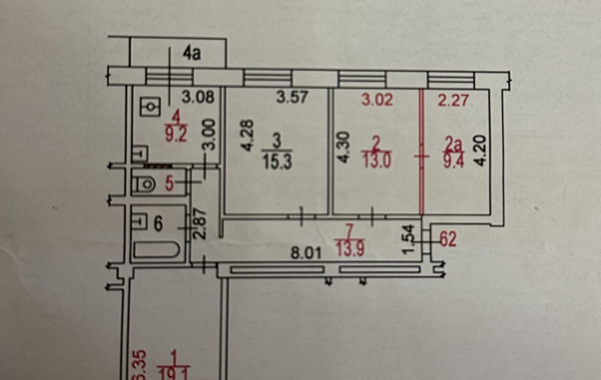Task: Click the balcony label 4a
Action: tap(192, 54)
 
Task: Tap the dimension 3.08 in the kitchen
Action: tap(198, 97)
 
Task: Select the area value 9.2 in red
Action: tap(176, 134)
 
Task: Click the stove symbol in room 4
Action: tap(150, 106)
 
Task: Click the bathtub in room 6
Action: tap(156, 250)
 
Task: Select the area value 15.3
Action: tap(277, 162)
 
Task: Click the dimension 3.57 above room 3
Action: tap(292, 97)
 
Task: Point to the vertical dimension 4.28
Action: tap(247, 136)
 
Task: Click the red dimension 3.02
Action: tap(377, 99)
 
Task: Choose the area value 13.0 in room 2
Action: tap(377, 160)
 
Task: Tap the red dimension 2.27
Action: tap(453, 100)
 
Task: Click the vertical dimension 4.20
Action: tap(480, 151)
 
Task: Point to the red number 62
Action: tap(448, 239)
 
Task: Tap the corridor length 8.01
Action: tap(306, 253)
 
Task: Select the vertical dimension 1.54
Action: tap(408, 239)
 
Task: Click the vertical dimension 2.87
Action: tap(200, 224)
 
